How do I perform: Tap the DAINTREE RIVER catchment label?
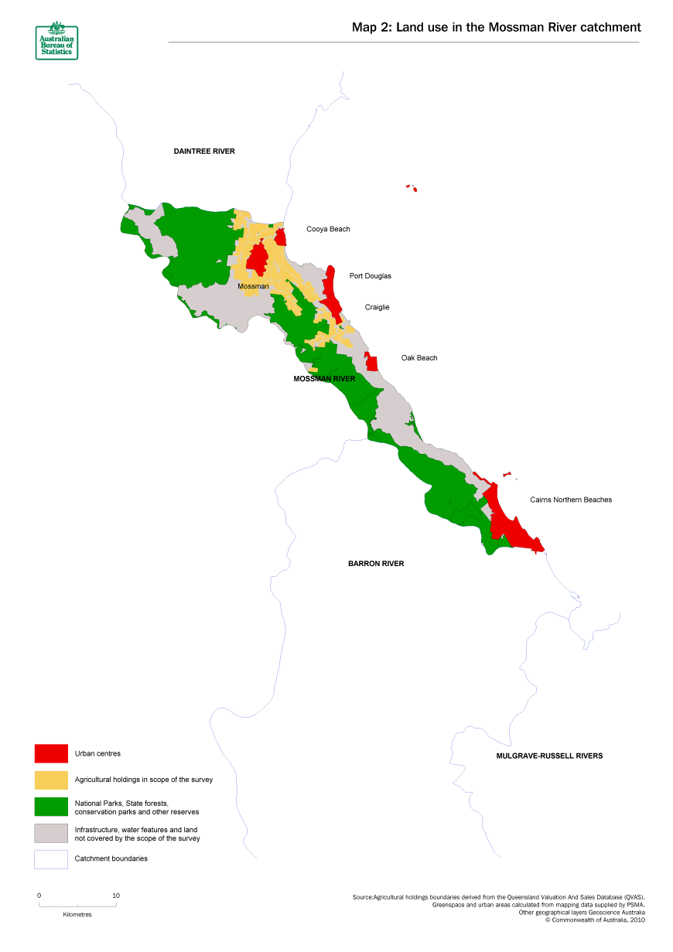click(x=203, y=152)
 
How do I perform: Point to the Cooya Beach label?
click(x=328, y=229)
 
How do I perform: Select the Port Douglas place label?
click(x=370, y=276)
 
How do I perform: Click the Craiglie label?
click(x=377, y=307)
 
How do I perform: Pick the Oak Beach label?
click(x=418, y=358)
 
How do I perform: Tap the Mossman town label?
click(x=253, y=287)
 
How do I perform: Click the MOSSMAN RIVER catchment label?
click(x=324, y=379)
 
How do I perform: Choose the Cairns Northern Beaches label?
click(x=570, y=500)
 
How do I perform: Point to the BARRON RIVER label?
click(x=376, y=564)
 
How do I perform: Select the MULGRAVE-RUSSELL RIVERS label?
click(x=548, y=756)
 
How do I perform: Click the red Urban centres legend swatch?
click(x=50, y=753)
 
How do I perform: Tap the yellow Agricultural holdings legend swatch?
click(x=50, y=780)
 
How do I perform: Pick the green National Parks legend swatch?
click(x=50, y=807)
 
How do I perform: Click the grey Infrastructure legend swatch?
click(x=50, y=833)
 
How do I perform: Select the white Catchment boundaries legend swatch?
click(x=50, y=859)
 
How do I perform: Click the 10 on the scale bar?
click(x=116, y=896)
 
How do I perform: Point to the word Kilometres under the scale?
click(x=77, y=914)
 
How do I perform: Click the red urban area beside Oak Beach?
click(x=372, y=362)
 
